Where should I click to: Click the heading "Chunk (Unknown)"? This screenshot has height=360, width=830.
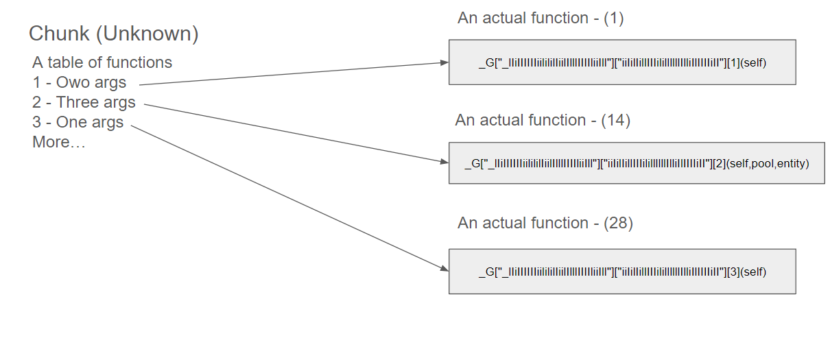pyautogui.click(x=113, y=34)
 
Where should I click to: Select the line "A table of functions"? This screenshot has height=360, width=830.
pyautogui.click(x=102, y=62)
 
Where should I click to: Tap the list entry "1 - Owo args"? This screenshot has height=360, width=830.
pyautogui.click(x=80, y=83)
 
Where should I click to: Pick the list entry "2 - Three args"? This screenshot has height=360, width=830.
pyautogui.click(x=84, y=103)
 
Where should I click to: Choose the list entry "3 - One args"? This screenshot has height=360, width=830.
pyautogui.click(x=78, y=123)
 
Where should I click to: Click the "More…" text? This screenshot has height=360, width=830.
pyautogui.click(x=58, y=143)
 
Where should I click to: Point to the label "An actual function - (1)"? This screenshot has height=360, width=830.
pyautogui.click(x=541, y=19)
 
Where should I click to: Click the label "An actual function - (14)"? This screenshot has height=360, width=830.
pyautogui.click(x=542, y=121)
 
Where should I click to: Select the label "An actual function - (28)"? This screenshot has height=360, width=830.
pyautogui.click(x=545, y=224)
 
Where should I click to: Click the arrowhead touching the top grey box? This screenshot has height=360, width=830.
pyautogui.click(x=444, y=63)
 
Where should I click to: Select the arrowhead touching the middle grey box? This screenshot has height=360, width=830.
pyautogui.click(x=444, y=162)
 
